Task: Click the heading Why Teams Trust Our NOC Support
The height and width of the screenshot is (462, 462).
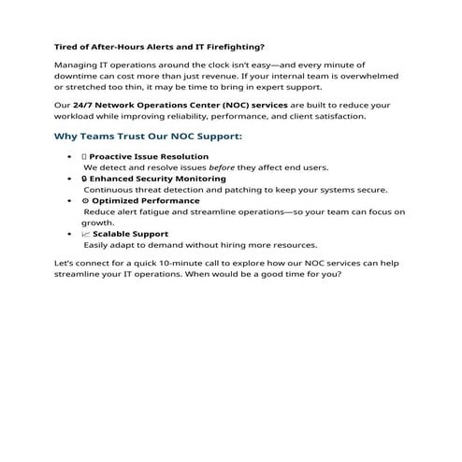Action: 148,137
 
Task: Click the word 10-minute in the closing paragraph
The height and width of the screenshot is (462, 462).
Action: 181,264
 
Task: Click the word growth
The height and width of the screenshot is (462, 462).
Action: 97,223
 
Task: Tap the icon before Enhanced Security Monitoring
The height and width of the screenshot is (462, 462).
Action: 85,178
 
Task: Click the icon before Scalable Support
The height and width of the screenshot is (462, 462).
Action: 85,233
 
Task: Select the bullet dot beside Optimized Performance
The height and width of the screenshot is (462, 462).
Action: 71,200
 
